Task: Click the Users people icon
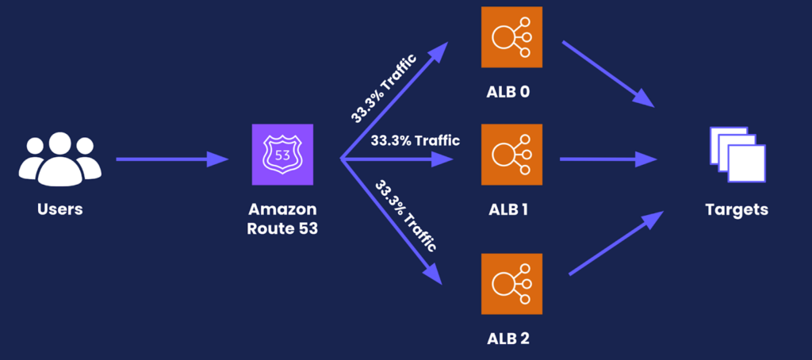pos(60,157)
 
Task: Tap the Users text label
pos(60,210)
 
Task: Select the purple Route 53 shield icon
pos(282,155)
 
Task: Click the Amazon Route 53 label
pos(282,219)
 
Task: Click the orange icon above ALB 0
pos(511,36)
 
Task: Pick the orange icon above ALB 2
pos(511,284)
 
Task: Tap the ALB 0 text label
pos(508,91)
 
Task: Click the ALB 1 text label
pos(508,210)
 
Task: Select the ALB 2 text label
pos(508,340)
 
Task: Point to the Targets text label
pos(737,210)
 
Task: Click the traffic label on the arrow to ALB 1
pos(415,141)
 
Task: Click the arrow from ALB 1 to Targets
pos(607,159)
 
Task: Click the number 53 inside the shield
pos(282,154)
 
